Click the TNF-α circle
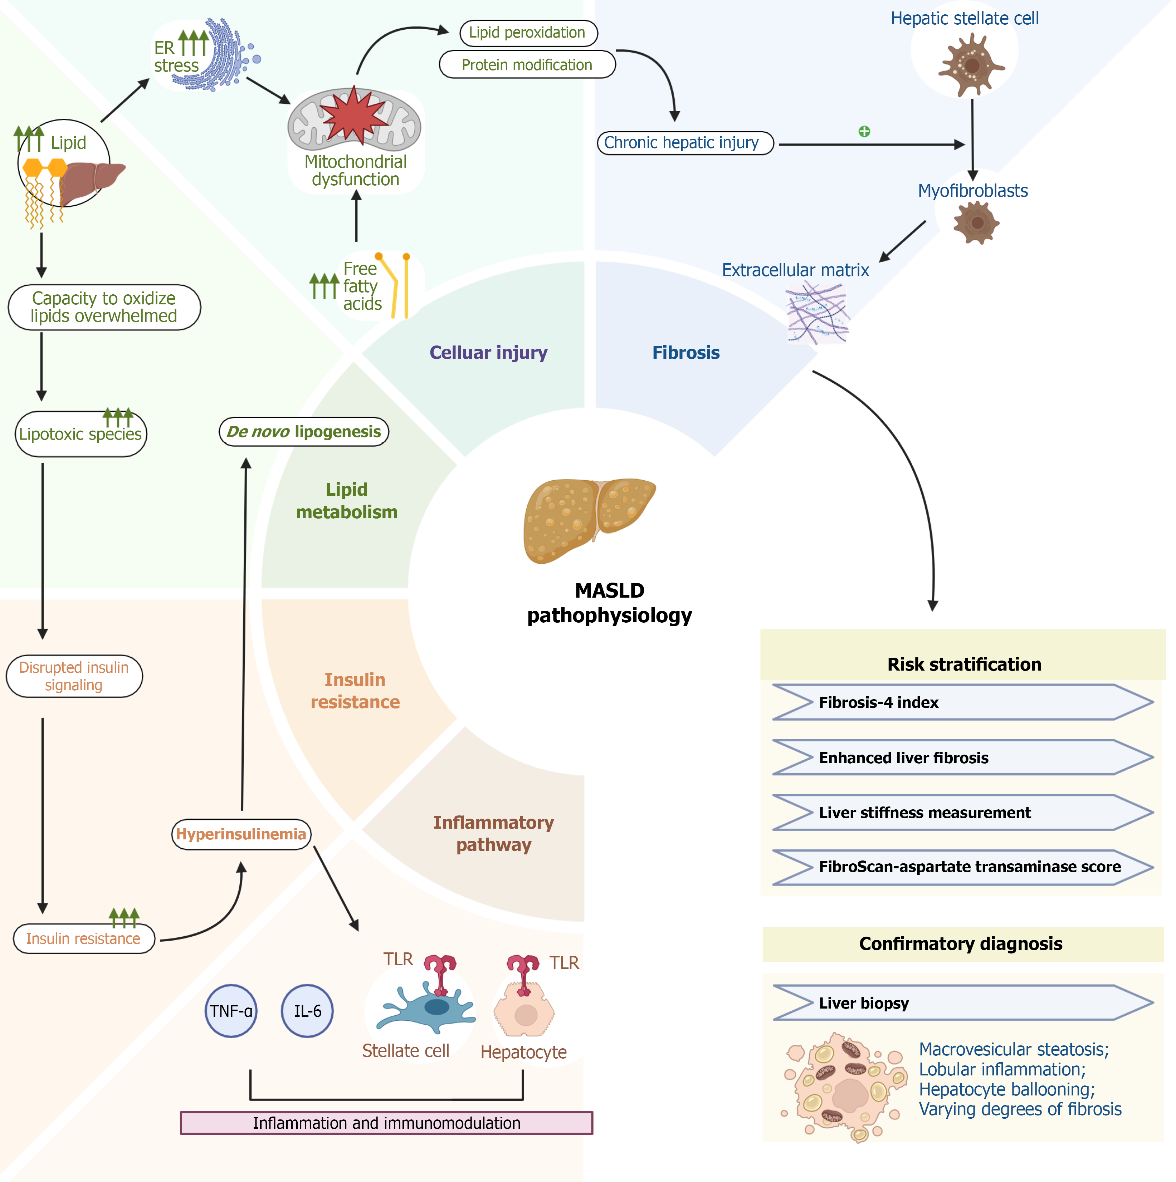231,1011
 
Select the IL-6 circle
307,1011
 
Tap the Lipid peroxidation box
528,33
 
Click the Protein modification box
527,65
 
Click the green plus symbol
864,132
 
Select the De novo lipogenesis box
304,432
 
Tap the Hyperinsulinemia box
241,834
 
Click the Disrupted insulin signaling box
74,676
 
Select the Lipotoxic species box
80,435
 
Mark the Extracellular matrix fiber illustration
817,312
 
